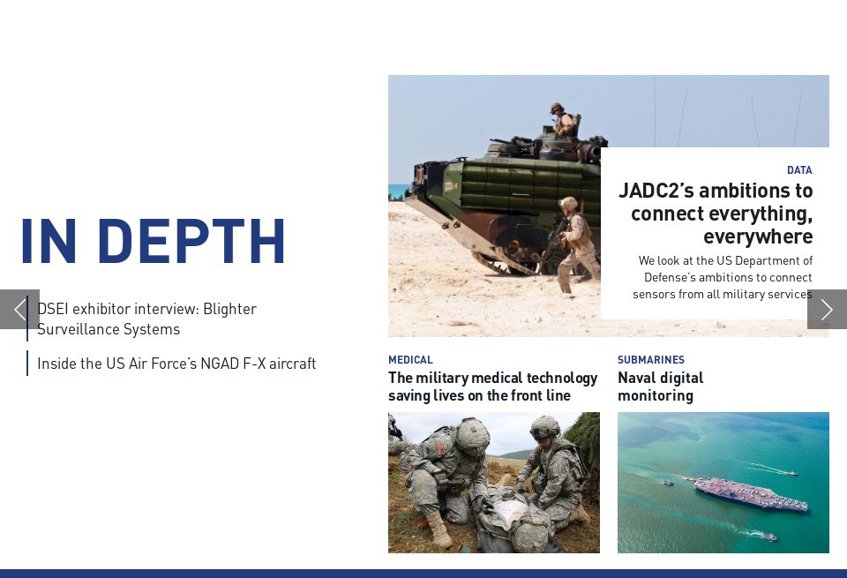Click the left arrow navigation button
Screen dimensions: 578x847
tap(19, 309)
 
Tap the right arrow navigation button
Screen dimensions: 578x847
tap(827, 309)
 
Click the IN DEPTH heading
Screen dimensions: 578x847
tap(153, 241)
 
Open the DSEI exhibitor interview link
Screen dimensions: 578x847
tap(146, 319)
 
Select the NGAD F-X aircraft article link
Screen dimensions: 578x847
tap(176, 364)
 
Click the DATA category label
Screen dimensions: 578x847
tap(799, 170)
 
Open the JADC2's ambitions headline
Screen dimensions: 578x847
tap(716, 214)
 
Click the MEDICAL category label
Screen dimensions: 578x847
tap(410, 360)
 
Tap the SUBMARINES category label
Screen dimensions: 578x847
tap(650, 360)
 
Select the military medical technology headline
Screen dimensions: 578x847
tap(492, 387)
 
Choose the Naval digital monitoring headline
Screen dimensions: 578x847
tap(660, 387)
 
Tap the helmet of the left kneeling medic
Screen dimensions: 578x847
tap(473, 434)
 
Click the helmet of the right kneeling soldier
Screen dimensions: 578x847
tap(544, 427)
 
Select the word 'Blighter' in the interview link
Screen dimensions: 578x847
tap(229, 309)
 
